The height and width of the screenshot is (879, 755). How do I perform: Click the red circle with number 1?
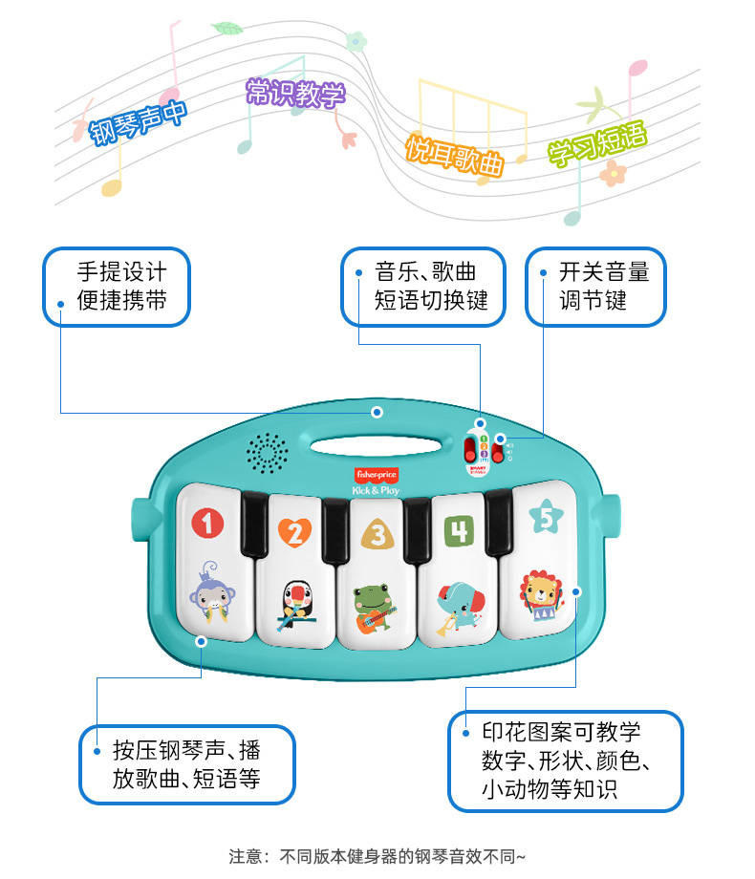click(x=207, y=523)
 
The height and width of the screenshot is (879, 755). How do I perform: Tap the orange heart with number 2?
click(x=294, y=531)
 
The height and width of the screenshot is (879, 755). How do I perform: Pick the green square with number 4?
click(x=459, y=529)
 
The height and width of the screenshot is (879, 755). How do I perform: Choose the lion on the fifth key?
click(x=541, y=594)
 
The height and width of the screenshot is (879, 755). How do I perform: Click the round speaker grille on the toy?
click(x=268, y=453)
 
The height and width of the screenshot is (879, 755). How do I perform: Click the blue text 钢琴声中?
click(x=139, y=120)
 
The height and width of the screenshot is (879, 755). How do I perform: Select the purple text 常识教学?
click(x=295, y=93)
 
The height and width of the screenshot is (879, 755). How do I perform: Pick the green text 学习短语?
click(x=596, y=145)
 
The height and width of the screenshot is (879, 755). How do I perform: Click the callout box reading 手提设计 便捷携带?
click(x=117, y=287)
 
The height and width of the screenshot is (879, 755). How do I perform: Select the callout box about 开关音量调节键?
click(x=595, y=287)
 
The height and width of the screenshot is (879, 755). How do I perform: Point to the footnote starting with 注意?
click(x=377, y=855)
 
